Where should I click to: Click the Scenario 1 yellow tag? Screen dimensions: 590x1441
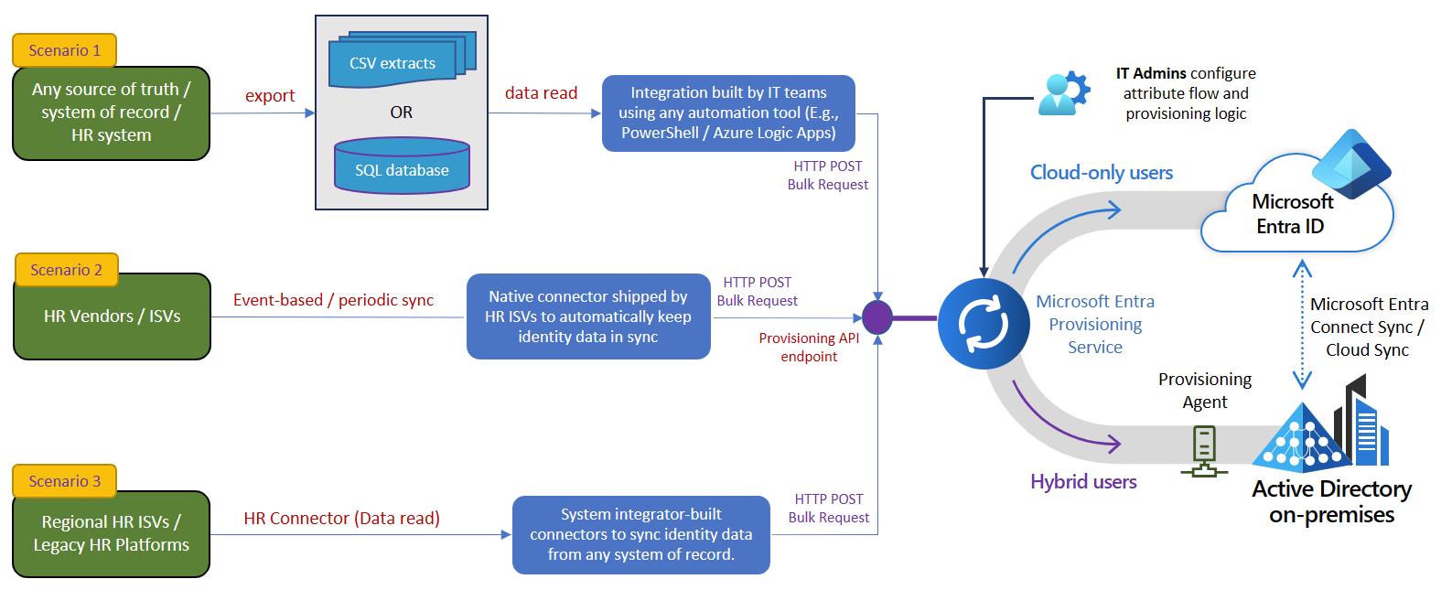click(64, 50)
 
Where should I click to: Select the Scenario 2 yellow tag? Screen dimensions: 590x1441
click(66, 270)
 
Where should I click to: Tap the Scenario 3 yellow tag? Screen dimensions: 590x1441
click(64, 481)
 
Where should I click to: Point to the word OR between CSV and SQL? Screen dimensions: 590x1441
click(402, 113)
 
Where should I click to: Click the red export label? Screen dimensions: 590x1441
click(270, 96)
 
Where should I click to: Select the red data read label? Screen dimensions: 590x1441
click(541, 93)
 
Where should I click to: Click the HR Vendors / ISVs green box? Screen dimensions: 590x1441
click(112, 316)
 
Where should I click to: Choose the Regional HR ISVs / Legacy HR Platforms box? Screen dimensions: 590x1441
click(112, 533)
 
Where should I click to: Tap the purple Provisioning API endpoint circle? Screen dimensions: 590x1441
click(877, 317)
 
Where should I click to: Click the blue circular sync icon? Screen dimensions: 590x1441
click(984, 325)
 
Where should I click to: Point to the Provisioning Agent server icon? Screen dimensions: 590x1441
click(1204, 452)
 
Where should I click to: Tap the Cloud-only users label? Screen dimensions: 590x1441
click(1101, 173)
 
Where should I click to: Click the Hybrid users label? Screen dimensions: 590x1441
click(1083, 482)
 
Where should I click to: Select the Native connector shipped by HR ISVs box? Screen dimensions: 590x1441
click(588, 316)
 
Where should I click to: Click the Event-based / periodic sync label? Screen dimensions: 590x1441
click(333, 300)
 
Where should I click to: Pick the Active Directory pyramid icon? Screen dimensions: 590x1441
click(1300, 440)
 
